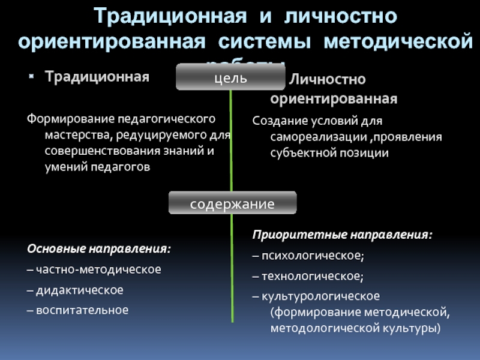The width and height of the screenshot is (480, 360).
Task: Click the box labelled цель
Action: tap(232, 79)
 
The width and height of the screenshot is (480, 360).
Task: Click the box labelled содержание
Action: tap(232, 204)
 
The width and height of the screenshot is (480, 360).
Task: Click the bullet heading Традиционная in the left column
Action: tap(98, 77)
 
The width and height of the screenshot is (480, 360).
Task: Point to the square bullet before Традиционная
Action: tap(34, 77)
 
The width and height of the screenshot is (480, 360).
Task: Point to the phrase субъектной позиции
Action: tap(329, 154)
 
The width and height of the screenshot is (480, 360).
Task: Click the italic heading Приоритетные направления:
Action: tap(342, 234)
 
